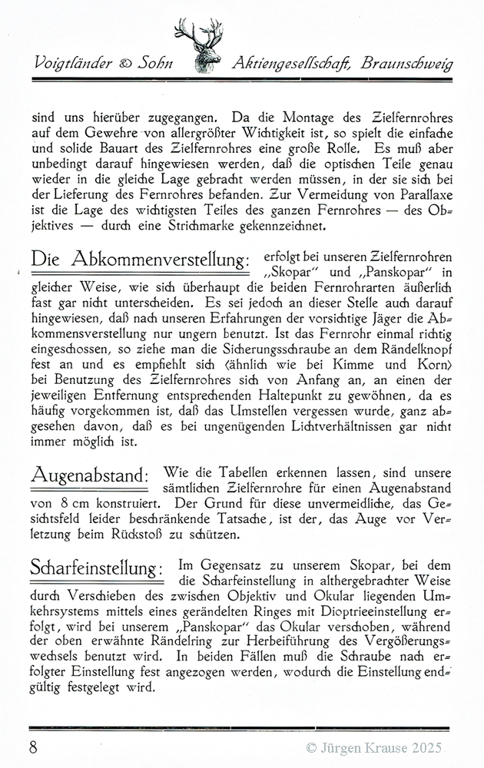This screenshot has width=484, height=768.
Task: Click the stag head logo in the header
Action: pyautogui.click(x=201, y=46)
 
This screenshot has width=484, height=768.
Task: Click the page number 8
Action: pyautogui.click(x=34, y=746)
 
